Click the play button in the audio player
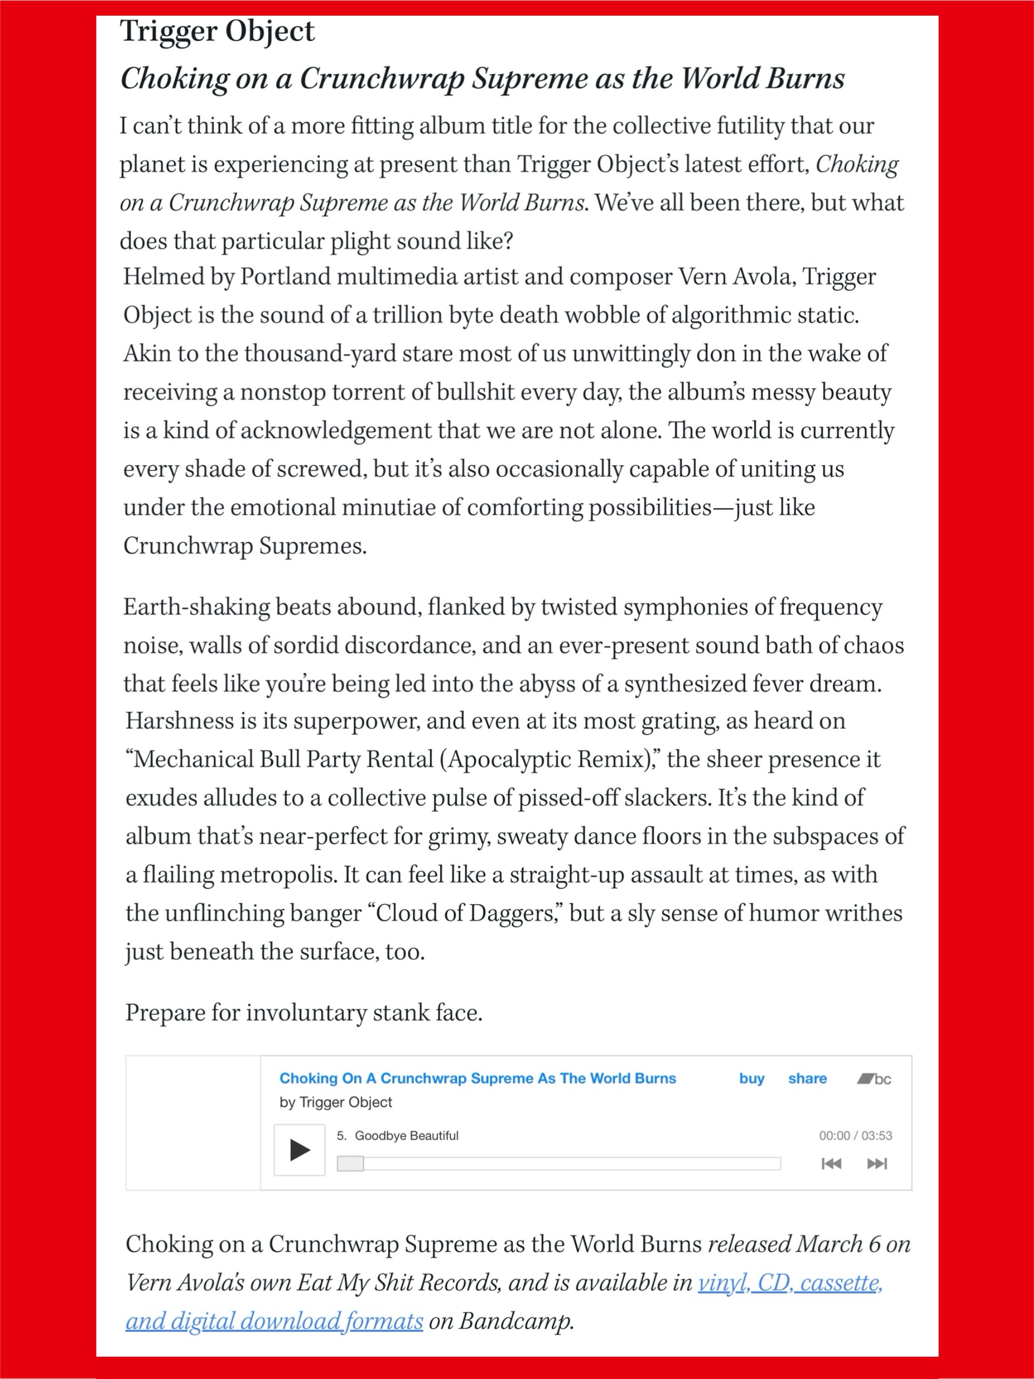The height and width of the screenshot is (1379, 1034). pos(299,1150)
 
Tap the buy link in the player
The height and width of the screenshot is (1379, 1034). pos(752,1078)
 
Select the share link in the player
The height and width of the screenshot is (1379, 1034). pos(807,1078)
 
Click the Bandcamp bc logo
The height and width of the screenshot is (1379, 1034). pos(874,1079)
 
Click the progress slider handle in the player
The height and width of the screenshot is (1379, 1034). pos(350,1163)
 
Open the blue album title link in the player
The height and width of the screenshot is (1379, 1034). pos(478,1078)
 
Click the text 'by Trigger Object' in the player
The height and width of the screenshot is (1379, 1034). pos(336,1102)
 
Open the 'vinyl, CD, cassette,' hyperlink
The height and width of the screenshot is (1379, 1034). pos(790,1283)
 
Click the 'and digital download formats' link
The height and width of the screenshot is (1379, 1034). pos(274,1320)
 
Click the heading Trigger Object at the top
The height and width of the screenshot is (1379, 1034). pos(218,31)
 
